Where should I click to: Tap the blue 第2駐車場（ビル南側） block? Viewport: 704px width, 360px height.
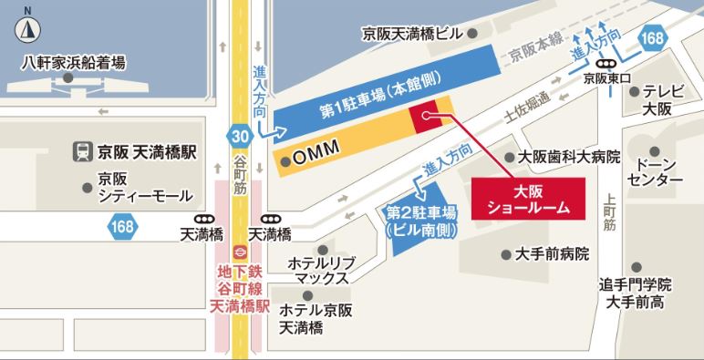point(420,220)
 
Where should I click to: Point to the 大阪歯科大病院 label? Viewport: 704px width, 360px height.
point(568,157)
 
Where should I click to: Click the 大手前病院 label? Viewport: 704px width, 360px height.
point(552,253)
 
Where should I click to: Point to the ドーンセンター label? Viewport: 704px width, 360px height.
point(657,170)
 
